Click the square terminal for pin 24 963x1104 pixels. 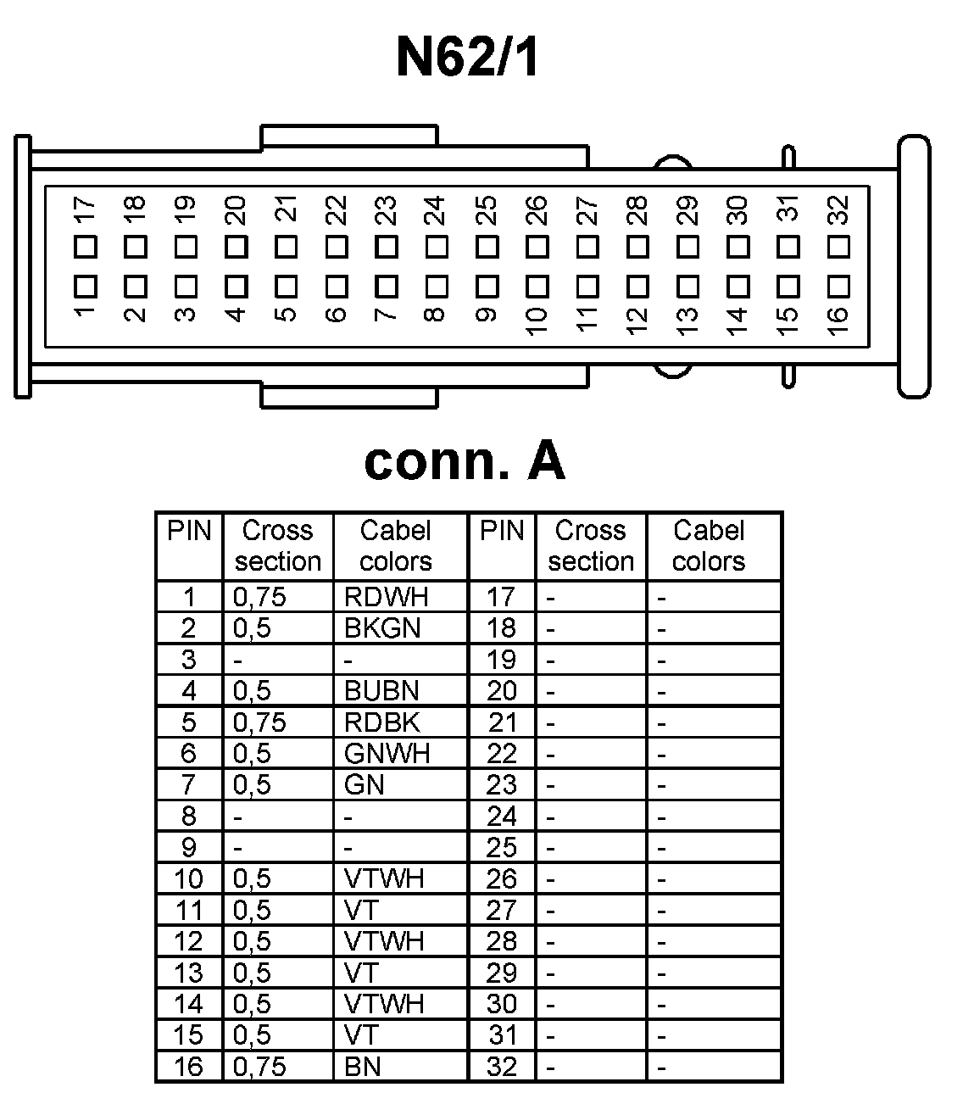pos(437,247)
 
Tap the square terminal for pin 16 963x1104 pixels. pos(838,284)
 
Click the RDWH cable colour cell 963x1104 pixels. pos(386,597)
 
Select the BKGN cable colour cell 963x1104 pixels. pos(382,628)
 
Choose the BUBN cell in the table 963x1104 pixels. pos(381,691)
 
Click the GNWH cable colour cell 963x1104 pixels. pos(387,753)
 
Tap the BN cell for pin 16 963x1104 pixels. pos(363,1066)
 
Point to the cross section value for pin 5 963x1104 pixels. pos(259,722)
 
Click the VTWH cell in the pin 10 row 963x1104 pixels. pos(384,878)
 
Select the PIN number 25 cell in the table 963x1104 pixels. pos(501,847)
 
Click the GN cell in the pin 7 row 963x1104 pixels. pos(365,784)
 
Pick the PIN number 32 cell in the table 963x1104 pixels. pos(501,1066)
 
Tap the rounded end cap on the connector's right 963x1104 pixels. pos(914,266)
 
